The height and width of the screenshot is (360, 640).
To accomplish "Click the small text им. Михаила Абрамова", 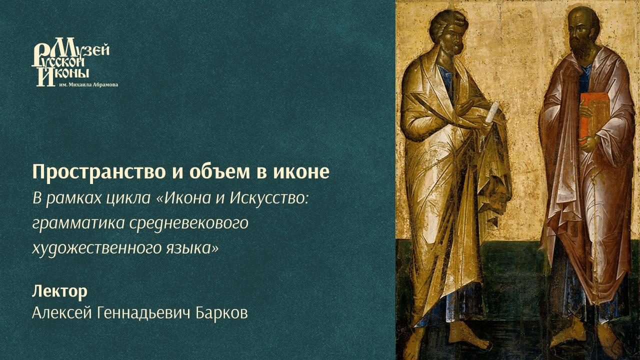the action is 88,85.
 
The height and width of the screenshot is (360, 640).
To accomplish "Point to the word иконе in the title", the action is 301,172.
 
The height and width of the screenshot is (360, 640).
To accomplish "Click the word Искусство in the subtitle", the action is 269,198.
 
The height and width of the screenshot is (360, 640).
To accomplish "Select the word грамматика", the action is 78,223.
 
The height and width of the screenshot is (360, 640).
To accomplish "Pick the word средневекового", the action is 189,223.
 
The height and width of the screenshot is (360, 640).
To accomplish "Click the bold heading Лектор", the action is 59,291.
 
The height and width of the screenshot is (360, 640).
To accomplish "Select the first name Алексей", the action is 62,312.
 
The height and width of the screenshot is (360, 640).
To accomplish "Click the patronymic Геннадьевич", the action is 143,312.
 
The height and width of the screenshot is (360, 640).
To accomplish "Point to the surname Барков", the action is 221,312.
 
